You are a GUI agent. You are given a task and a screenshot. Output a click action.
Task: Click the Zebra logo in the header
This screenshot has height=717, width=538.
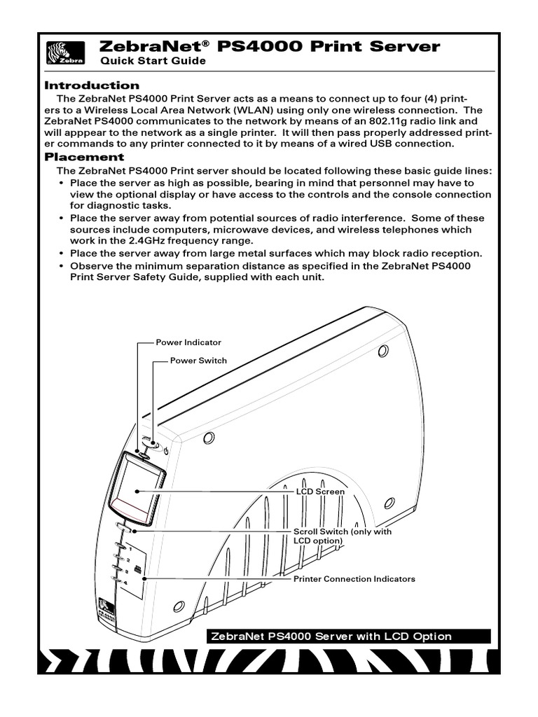(x=65, y=53)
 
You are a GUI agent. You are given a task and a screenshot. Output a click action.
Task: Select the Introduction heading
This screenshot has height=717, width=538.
(x=91, y=85)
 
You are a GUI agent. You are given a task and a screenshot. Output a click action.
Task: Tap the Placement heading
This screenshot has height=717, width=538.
(x=84, y=157)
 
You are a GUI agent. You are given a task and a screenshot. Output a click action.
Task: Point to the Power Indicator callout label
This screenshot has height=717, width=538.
(x=188, y=342)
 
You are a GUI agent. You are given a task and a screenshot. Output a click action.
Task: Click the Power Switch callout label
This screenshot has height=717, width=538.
(x=199, y=361)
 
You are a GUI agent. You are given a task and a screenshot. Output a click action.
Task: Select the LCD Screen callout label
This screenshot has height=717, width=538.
(x=319, y=492)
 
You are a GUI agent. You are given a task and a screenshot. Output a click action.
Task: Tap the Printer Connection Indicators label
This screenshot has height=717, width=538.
(x=354, y=579)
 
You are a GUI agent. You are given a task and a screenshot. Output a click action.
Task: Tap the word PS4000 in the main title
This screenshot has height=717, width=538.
(x=259, y=47)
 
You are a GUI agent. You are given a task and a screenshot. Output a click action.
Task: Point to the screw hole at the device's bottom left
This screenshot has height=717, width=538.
(x=179, y=606)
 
